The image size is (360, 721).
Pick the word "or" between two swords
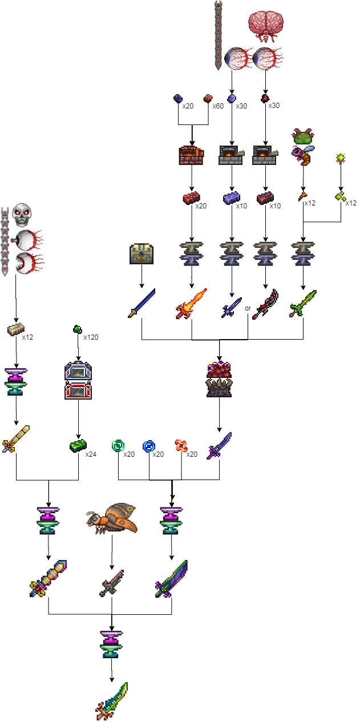tap(248, 309)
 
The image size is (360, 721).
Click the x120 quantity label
tap(91, 337)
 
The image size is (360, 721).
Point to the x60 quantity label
tap(219, 106)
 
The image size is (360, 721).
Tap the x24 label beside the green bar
tap(91, 454)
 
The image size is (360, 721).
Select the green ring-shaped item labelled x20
tap(118, 445)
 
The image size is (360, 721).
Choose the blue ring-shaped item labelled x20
tap(149, 445)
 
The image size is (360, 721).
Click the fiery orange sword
tap(191, 304)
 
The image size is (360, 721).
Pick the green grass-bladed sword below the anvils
tap(303, 303)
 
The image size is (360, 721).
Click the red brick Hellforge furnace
tap(191, 155)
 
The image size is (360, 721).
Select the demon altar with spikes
tap(219, 380)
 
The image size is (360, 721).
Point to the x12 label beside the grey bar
tap(27, 337)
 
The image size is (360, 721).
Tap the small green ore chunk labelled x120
tap(78, 329)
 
